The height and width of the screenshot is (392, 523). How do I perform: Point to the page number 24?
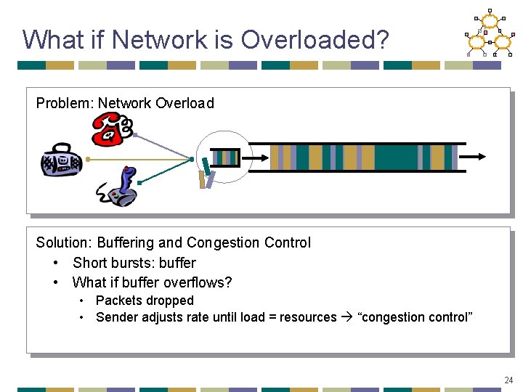(508, 380)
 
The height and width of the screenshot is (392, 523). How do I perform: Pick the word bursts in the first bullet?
(131, 263)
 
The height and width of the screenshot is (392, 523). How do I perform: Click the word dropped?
(170, 300)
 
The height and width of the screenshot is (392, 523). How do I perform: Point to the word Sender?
(117, 317)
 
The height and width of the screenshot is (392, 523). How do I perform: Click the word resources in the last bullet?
(308, 317)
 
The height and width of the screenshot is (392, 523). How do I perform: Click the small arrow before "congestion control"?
(347, 317)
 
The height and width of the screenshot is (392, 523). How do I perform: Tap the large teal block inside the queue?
(396, 157)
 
